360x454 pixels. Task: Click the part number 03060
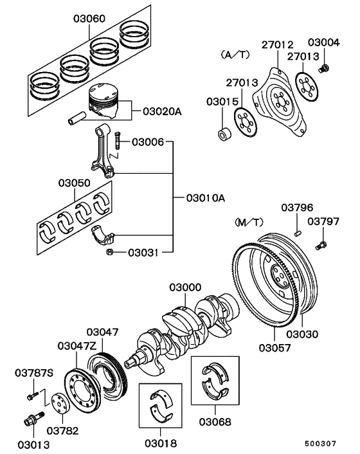tap(87, 20)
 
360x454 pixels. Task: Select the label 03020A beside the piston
tap(157, 111)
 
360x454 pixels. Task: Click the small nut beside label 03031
tap(110, 251)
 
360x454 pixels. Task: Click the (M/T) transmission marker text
tap(249, 222)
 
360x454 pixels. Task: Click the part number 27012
tap(277, 44)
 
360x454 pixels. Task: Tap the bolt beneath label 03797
tap(321, 244)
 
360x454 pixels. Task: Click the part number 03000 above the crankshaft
tap(185, 287)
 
